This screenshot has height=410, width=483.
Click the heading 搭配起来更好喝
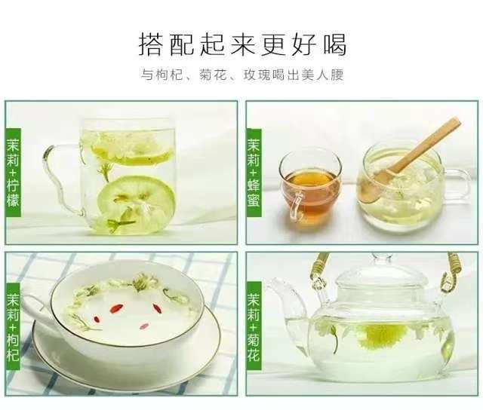click(x=243, y=45)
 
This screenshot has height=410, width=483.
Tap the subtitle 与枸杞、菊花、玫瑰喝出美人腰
click(x=242, y=75)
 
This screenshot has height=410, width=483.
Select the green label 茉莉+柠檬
click(x=14, y=173)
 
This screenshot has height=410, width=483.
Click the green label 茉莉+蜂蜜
click(x=254, y=173)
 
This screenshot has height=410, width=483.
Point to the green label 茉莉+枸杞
click(x=13, y=326)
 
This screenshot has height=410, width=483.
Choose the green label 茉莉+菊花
click(x=254, y=326)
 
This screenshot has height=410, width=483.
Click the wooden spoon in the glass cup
click(x=409, y=160)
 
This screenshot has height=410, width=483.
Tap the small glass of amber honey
click(x=310, y=188)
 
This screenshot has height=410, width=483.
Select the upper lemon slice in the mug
click(x=133, y=153)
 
